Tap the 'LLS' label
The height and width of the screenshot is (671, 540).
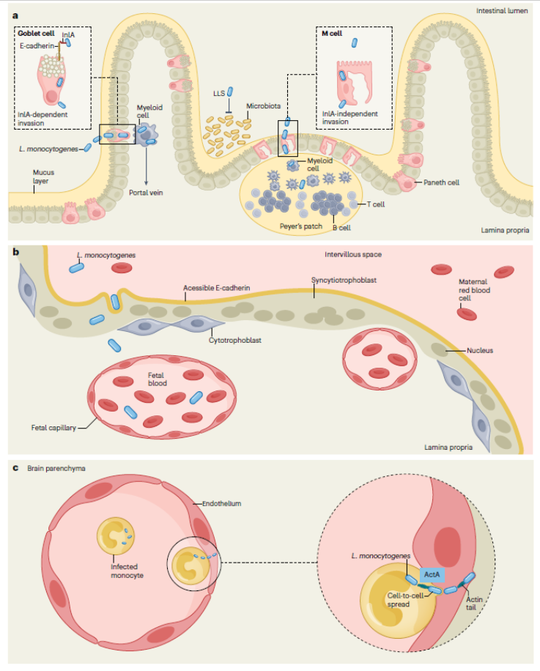tap(218, 94)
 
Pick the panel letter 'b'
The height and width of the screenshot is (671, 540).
tap(15, 251)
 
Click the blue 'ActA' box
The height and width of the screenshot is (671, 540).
tap(432, 575)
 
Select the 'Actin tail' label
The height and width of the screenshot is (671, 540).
tap(475, 604)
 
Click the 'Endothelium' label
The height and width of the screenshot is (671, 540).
tap(221, 503)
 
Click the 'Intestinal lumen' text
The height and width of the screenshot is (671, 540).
tap(502, 12)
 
